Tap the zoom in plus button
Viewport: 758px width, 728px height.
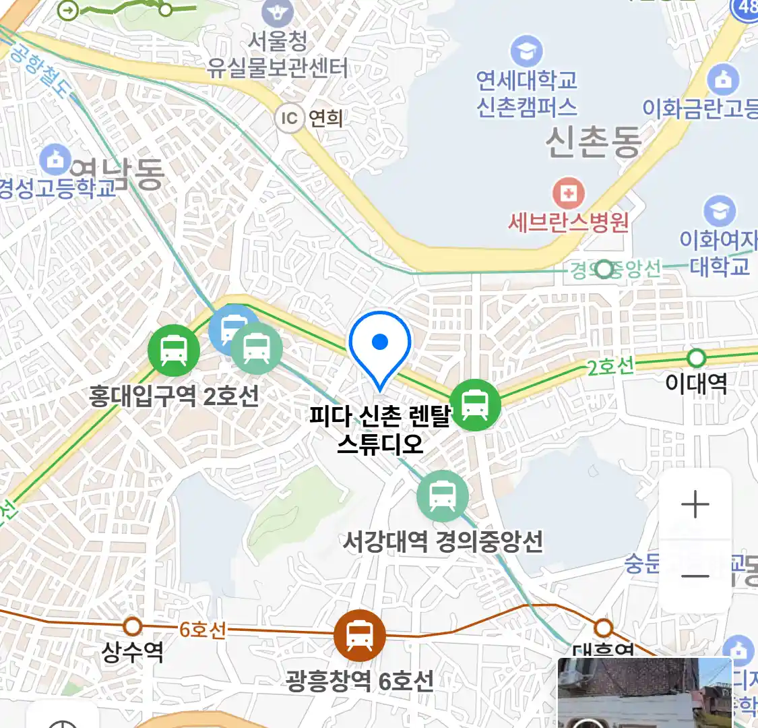[695, 505]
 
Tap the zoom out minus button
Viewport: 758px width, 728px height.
[695, 576]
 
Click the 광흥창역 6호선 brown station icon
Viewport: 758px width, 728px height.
[360, 635]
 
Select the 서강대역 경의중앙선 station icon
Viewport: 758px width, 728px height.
[442, 497]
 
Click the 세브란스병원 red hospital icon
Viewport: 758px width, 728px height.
[569, 194]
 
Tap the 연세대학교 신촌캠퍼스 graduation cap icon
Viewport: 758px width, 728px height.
[526, 51]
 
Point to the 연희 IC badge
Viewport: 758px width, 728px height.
[290, 119]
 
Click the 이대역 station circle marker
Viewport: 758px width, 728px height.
[696, 357]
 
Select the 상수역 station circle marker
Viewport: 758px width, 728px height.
[133, 626]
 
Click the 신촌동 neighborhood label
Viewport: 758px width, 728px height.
[593, 142]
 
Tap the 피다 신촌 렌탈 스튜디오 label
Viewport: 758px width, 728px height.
[380, 429]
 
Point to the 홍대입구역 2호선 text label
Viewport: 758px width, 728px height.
[174, 396]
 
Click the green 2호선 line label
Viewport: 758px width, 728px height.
[610, 367]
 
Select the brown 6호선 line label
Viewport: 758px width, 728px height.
[202, 630]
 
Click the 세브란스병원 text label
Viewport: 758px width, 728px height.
[569, 222]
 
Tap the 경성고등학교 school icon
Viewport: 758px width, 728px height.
[55, 159]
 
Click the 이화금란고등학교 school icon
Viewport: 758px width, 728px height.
[723, 80]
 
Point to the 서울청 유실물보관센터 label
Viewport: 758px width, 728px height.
[278, 55]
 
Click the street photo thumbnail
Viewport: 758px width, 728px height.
[644, 693]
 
